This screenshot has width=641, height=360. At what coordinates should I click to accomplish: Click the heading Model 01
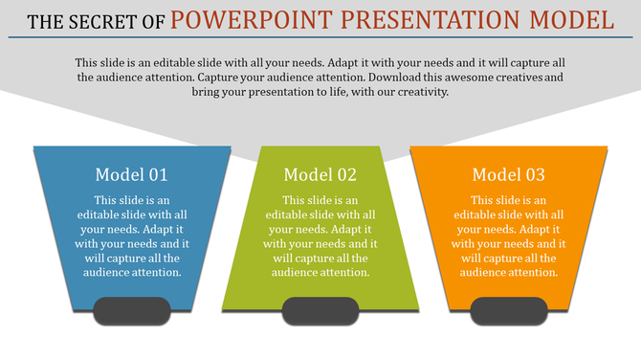[132, 174]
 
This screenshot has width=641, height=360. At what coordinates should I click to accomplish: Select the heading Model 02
[320, 174]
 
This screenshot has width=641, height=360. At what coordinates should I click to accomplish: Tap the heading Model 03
[509, 174]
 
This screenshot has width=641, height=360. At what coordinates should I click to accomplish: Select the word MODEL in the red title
[573, 18]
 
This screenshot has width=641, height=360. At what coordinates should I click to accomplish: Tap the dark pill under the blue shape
[132, 310]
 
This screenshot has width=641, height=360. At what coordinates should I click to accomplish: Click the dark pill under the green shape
[320, 310]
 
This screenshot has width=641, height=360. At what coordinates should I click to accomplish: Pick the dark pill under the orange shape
[509, 310]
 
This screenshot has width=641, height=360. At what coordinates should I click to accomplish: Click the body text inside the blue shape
[132, 236]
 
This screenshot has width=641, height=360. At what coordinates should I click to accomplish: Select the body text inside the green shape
[320, 236]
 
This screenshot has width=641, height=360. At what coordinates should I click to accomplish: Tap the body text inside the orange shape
[509, 236]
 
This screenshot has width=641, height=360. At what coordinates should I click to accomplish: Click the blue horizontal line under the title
[320, 38]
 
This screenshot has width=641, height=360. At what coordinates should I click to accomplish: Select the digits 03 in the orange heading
[534, 174]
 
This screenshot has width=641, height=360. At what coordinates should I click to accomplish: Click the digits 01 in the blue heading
[157, 174]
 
